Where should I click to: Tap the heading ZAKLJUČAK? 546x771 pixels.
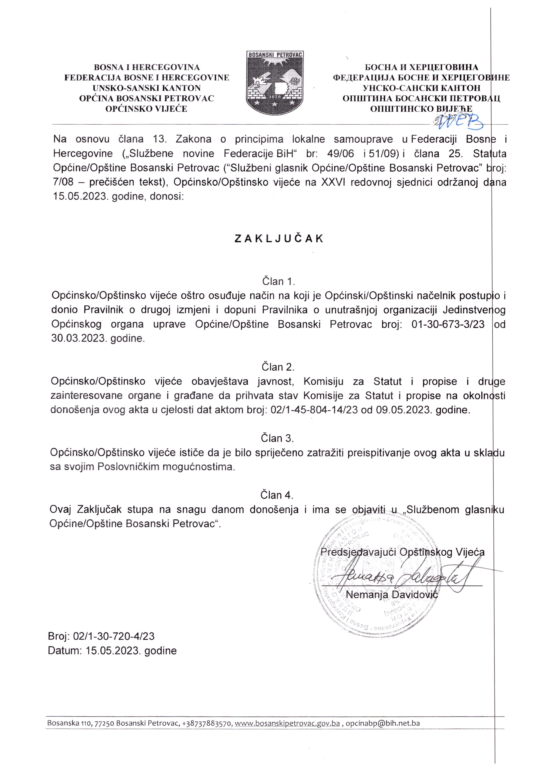[x=279, y=239]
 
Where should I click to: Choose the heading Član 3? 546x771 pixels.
[x=277, y=438]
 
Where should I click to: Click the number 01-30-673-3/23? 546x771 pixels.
[x=448, y=324]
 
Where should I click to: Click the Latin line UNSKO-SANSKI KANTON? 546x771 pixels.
[x=147, y=88]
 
